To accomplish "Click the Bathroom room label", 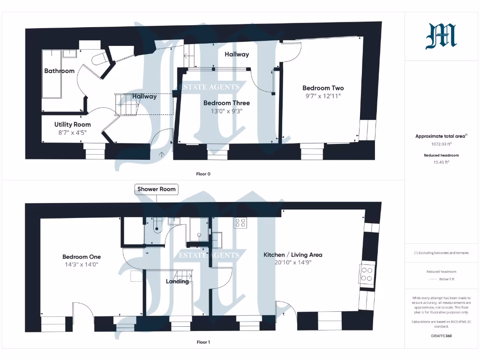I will pos(59,71).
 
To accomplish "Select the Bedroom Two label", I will pos(323,88).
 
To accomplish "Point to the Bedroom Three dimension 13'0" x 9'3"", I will pos(226,111).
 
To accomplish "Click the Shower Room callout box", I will pos(157,189).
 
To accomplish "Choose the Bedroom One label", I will pos(82,257).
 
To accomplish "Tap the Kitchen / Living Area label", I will pos(292,255).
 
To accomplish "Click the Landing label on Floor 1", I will pos(178,281).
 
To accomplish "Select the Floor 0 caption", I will pos(203,174).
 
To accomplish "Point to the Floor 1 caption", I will pos(203,342).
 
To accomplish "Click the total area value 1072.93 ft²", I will pos(441,145).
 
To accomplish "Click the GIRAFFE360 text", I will pos(441,336).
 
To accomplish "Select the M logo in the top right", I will pos(441,37).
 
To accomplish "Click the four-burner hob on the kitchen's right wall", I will pos(366,274).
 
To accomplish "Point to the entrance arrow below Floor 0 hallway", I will pos(162,154).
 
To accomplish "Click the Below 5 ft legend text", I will pos(446,279).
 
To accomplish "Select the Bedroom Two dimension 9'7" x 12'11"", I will pos(323,96).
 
